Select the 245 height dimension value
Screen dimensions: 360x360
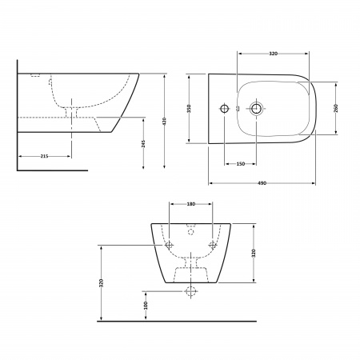click(x=142, y=142)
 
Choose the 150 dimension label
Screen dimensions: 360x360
click(x=240, y=163)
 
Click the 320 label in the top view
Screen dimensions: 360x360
click(x=272, y=54)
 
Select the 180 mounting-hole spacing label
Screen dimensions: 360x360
click(x=190, y=205)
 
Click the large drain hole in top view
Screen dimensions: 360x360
click(x=257, y=108)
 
